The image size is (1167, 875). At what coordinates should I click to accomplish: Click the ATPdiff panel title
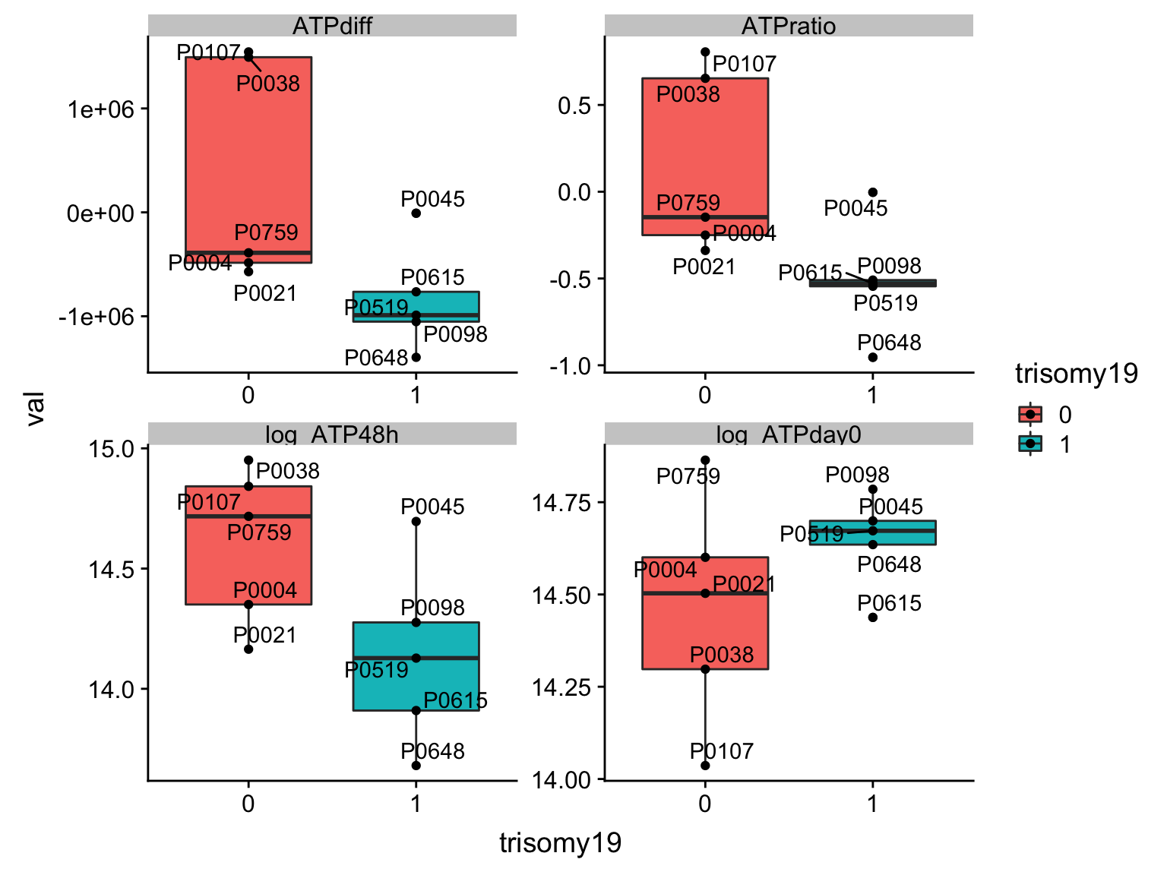click(332, 27)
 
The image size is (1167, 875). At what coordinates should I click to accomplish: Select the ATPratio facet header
click(789, 27)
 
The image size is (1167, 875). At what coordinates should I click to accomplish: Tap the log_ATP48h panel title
click(332, 434)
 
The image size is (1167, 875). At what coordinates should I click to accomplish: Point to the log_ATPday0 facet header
click(789, 434)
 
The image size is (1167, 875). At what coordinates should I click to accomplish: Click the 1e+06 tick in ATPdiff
click(101, 109)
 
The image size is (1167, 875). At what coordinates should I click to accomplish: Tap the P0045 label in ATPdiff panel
click(432, 199)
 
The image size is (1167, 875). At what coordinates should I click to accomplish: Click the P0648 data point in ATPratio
click(872, 357)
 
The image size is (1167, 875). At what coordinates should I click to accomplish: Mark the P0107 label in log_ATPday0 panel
click(721, 751)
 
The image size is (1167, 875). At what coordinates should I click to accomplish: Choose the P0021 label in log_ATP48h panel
click(264, 635)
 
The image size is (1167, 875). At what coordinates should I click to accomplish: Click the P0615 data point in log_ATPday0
click(872, 618)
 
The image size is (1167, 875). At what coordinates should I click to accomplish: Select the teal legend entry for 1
click(1030, 444)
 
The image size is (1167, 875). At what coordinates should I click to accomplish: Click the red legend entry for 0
click(1030, 414)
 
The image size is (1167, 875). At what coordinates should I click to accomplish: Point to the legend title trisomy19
click(1076, 374)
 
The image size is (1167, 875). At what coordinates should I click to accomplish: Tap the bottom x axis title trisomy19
click(560, 842)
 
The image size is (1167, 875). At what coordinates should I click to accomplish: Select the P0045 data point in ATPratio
click(872, 192)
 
